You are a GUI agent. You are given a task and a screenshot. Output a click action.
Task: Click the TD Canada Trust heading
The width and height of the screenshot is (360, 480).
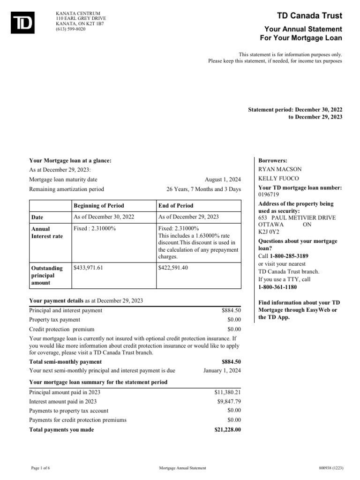[310, 16]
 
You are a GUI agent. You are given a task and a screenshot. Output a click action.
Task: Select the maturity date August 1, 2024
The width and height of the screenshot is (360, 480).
[223, 180]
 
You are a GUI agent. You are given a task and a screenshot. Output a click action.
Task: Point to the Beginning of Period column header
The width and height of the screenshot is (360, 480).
[99, 205]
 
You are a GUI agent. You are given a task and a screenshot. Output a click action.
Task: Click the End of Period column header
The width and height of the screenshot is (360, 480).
[176, 205]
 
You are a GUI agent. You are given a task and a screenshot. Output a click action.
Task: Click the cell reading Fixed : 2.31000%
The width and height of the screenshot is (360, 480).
[95, 228]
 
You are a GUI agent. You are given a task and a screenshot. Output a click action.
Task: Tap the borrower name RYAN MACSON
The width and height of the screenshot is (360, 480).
[280, 169]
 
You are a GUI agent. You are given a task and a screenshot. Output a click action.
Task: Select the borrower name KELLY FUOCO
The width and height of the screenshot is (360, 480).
[279, 179]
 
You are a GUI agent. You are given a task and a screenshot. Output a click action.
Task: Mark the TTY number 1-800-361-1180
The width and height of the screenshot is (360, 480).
[277, 287]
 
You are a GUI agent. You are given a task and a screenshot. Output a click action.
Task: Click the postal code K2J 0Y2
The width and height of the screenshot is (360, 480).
[268, 232]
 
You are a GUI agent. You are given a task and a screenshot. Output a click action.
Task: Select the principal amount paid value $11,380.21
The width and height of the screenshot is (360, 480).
[227, 392]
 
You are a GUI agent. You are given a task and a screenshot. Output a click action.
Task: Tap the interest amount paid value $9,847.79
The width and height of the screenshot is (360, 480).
[229, 401]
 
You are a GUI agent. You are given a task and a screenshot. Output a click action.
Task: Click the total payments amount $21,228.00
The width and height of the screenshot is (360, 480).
[227, 429]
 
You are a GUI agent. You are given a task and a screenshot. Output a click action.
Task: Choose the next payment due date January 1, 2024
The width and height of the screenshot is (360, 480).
[222, 370]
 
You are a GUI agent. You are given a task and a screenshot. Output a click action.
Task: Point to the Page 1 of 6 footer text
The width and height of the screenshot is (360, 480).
[42, 468]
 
